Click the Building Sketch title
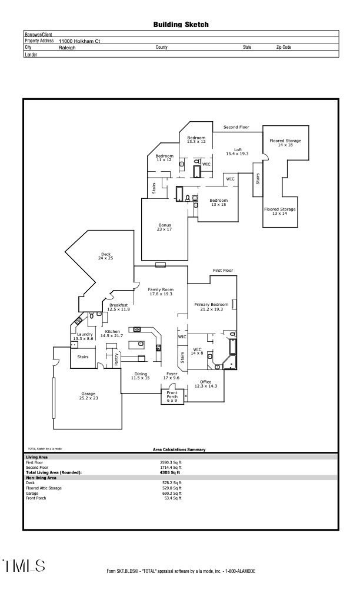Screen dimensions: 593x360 [181, 25]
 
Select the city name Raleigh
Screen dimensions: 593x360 [67, 48]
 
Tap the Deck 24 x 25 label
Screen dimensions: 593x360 [106, 256]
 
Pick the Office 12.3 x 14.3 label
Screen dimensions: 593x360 [205, 384]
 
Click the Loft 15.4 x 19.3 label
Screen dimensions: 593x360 [238, 151]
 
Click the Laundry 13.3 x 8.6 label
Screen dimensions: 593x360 [83, 336]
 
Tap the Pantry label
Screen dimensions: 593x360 [116, 359]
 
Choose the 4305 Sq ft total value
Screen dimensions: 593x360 [170, 472]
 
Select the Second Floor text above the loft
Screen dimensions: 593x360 [236, 127]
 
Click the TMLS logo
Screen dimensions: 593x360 [24, 566]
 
